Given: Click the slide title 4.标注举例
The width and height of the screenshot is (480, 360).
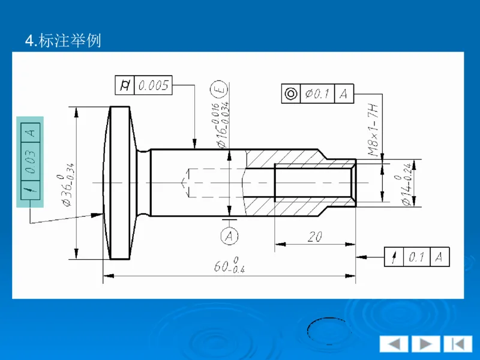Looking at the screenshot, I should pos(63,41).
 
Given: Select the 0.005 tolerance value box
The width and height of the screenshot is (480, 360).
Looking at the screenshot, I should pos(154,86).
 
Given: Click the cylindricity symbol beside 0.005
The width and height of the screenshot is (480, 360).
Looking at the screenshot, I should pos(125,86).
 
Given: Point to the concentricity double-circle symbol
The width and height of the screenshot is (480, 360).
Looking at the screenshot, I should pos(291,94).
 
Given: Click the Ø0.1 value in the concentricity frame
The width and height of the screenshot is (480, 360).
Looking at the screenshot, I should pos(317,94).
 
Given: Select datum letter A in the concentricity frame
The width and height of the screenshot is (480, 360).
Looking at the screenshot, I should pos(344,94).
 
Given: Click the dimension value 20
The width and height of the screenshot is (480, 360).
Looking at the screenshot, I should pos(314,237).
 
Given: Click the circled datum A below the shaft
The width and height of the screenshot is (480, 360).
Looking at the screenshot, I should pos(230,236).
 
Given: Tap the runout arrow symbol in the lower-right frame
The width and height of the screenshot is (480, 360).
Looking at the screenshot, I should pos(394,257).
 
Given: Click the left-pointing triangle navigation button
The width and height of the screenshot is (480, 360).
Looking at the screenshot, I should pos(394,344).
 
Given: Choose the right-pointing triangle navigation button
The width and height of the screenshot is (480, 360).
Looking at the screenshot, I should pos(425,344).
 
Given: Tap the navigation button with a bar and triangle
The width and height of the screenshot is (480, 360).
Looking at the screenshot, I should pos(457,344).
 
